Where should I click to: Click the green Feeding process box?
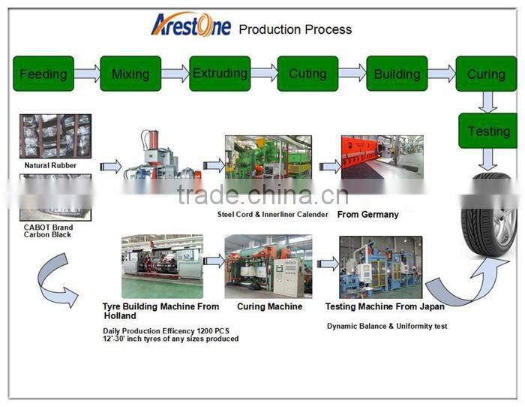(43, 74)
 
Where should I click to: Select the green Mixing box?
(130, 74)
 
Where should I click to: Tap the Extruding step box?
(220, 74)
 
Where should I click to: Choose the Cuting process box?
(307, 74)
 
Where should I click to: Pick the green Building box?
(397, 74)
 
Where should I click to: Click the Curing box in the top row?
(486, 74)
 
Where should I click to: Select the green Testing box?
(488, 131)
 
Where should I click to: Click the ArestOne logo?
(191, 25)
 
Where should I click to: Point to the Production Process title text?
(295, 29)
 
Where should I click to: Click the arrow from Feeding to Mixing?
(87, 74)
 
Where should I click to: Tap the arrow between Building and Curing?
(442, 74)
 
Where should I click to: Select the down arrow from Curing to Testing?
(487, 102)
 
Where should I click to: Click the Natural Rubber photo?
(55, 136)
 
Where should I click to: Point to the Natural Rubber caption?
(50, 165)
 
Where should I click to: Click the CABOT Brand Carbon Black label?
(48, 231)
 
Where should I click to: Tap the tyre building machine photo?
(163, 266)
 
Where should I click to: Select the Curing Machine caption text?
(269, 306)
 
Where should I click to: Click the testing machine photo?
(381, 267)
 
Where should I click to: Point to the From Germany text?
(368, 215)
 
